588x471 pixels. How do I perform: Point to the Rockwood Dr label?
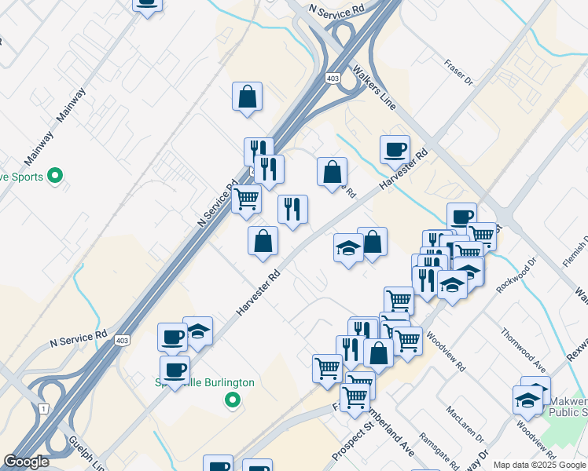click(x=516, y=275)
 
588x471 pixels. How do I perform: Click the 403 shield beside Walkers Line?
click(x=333, y=78)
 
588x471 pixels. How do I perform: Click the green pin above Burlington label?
click(x=232, y=400)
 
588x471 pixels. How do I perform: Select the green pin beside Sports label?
click(x=55, y=176)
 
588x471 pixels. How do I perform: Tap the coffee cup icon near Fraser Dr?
click(x=395, y=148)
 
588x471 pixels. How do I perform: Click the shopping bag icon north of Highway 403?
click(x=247, y=97)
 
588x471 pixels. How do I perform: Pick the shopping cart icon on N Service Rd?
click(x=247, y=199)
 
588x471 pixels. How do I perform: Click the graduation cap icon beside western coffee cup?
click(x=198, y=330)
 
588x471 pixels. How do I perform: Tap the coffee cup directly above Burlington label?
click(x=175, y=370)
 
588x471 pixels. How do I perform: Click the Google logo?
click(x=27, y=462)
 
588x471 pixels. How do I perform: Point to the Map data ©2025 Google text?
click(x=539, y=465)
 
